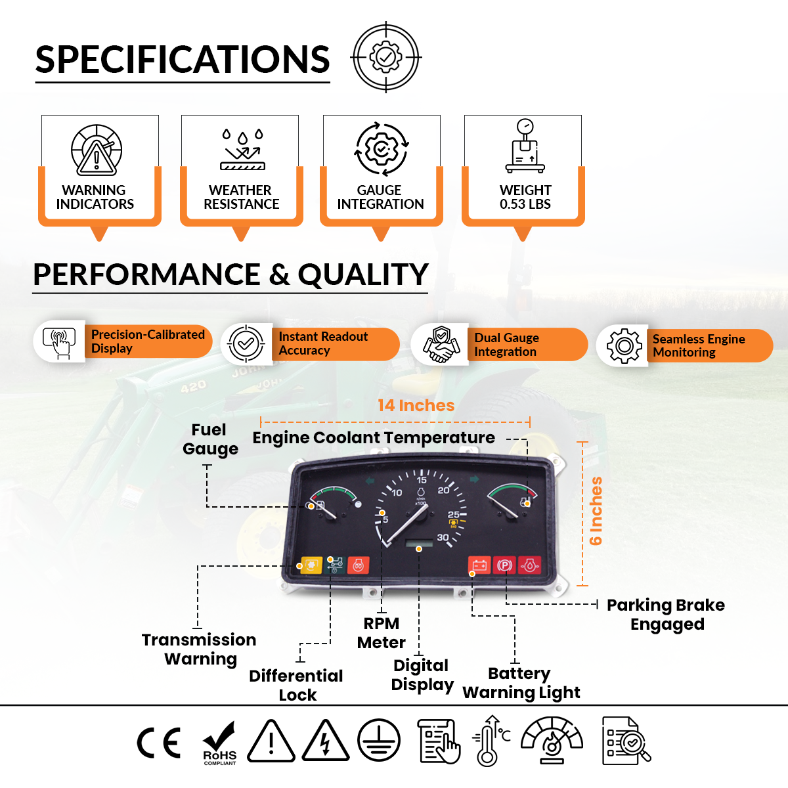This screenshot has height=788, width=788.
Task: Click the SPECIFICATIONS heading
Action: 183,60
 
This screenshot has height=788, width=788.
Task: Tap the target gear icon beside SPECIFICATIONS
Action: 386,58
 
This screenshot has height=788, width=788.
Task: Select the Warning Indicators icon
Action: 97,150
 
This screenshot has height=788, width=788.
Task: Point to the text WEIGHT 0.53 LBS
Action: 525,197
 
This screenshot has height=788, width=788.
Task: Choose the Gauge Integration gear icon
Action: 381,148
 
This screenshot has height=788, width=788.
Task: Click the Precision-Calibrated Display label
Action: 147,341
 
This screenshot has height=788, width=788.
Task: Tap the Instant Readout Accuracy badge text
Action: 322,343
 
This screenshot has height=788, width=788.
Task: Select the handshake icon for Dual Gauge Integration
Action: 441,343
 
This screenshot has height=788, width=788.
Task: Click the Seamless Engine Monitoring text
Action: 698,345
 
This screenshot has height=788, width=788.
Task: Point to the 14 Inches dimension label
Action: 416,406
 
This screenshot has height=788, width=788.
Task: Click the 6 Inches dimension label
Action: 596,511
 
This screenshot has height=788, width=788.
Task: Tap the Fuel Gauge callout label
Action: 209,439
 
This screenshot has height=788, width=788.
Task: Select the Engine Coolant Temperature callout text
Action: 374,438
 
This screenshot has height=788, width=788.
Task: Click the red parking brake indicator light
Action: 504,565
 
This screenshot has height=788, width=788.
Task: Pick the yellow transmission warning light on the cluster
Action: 311,565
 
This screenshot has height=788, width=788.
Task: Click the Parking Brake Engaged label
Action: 666,615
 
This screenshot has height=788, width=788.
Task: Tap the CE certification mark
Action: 158,743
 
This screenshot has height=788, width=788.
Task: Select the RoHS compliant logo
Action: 219,743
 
